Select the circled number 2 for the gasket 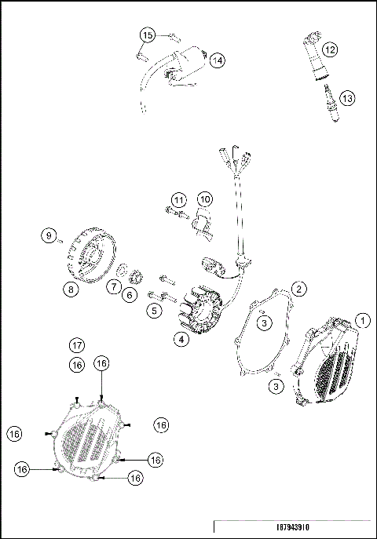[x=299, y=289]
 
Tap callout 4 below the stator [x=181, y=340]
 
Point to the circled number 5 [x=154, y=311]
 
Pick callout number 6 [x=130, y=295]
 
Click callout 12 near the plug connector [x=331, y=49]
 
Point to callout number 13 [x=346, y=98]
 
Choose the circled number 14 [x=217, y=60]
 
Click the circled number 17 [x=76, y=345]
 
